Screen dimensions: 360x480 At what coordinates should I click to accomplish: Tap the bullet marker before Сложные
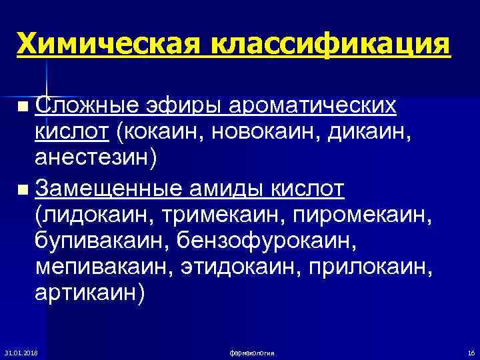click(24, 107)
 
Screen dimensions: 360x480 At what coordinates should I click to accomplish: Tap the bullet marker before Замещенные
click(24, 191)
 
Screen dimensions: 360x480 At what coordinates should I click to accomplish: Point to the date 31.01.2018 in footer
click(21, 351)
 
